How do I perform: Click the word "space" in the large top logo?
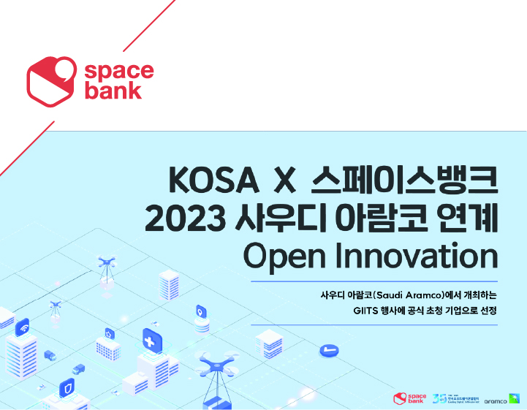coord(118,71)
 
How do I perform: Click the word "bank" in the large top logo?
coord(113,91)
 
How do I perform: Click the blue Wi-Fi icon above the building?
coord(22,327)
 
